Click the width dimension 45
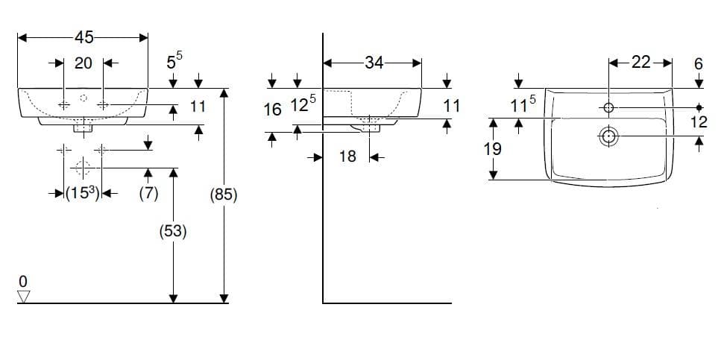[x=84, y=37]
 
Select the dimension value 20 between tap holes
[x=83, y=63]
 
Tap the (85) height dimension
[x=224, y=196]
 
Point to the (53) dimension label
[x=173, y=232]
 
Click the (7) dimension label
[x=148, y=193]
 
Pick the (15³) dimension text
[x=83, y=193]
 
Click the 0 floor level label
[x=23, y=281]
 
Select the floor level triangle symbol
[x=24, y=297]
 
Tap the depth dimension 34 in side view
[x=374, y=63]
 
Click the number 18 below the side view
[x=347, y=157]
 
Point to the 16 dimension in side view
[x=273, y=110]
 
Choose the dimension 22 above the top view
[x=641, y=63]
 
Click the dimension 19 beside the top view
[x=493, y=149]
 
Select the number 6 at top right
[x=699, y=64]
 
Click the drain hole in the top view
[x=608, y=136]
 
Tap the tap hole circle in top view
[x=608, y=107]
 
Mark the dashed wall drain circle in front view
[x=83, y=168]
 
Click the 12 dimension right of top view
[x=700, y=121]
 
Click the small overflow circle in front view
[x=84, y=98]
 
